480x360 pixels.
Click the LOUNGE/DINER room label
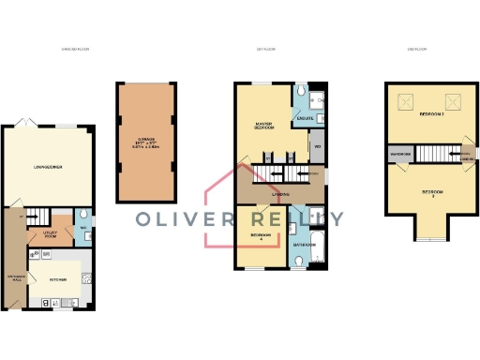coord(47,167)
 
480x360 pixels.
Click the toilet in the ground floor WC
coord(84,237)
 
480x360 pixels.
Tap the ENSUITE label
coord(304,118)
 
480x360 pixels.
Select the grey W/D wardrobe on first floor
coord(318,146)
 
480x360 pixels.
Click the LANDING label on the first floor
coord(280,194)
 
